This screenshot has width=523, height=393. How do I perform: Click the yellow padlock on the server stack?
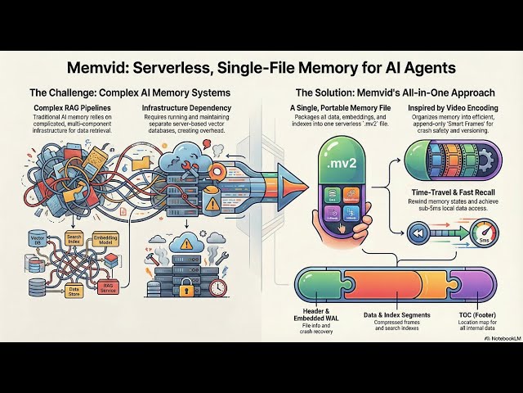click(185, 286)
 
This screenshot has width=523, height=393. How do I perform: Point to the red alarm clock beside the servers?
click(217, 289)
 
